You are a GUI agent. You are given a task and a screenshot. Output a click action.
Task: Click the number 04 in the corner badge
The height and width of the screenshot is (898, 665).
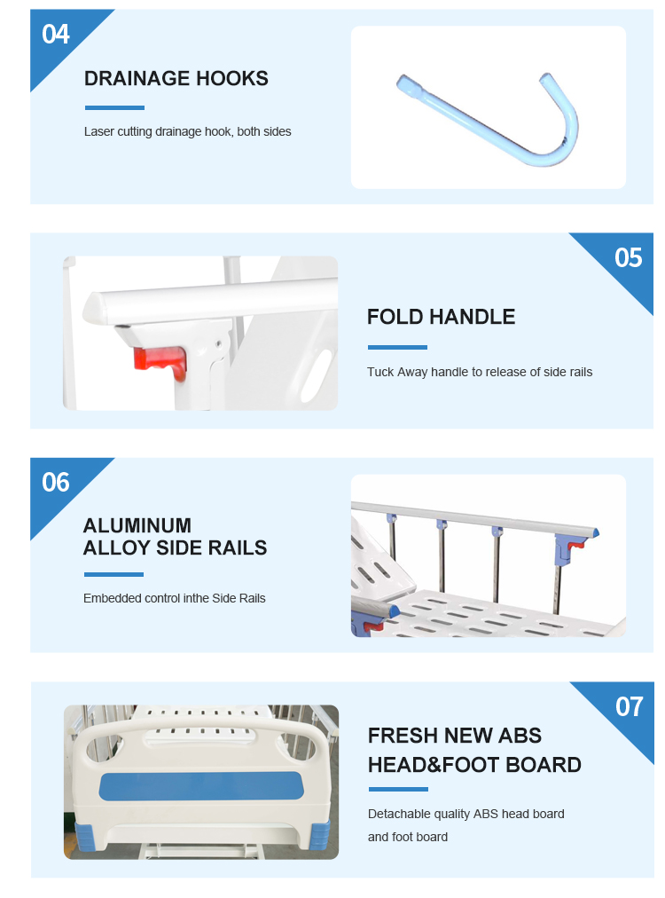(56, 35)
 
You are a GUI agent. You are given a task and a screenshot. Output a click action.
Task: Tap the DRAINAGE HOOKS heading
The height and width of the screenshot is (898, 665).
(176, 78)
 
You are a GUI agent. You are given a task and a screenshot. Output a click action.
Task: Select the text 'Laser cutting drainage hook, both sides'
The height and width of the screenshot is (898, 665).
(188, 131)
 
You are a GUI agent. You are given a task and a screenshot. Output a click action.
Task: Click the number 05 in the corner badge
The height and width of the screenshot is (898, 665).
(629, 257)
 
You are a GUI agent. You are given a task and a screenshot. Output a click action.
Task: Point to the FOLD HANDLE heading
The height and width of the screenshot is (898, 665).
(442, 317)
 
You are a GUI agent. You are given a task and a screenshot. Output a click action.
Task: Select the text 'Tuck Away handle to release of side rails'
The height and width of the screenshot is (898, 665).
(480, 373)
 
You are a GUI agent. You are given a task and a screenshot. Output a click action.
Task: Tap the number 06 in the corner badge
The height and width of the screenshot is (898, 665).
(56, 482)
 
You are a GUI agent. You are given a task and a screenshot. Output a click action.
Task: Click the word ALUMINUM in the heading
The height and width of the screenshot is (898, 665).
(137, 525)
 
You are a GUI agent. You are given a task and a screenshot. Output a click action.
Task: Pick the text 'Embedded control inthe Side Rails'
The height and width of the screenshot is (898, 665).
(175, 598)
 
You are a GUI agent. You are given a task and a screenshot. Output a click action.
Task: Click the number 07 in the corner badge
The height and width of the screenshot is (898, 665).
(629, 706)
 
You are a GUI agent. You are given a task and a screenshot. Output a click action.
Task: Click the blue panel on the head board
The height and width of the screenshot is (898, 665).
(200, 786)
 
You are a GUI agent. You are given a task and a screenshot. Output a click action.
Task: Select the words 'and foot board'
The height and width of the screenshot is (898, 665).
(408, 837)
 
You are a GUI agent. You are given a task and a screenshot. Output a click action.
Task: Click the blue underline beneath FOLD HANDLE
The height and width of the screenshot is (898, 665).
(397, 347)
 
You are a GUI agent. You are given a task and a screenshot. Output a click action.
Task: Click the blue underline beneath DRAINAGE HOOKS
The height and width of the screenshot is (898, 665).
(114, 107)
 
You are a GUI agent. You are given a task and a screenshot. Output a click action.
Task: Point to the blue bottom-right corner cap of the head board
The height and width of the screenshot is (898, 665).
(319, 836)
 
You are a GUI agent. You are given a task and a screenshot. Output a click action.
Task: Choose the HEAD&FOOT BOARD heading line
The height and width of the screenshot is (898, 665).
(474, 765)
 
